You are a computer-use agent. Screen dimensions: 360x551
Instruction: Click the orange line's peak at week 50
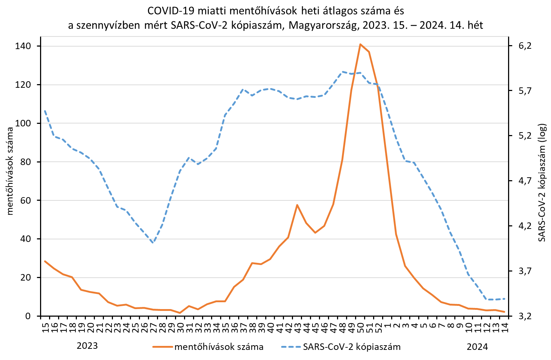[x=360, y=44]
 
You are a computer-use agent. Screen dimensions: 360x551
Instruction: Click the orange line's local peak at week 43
[x=297, y=205]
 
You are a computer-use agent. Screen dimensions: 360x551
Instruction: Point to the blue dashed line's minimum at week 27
[x=153, y=243]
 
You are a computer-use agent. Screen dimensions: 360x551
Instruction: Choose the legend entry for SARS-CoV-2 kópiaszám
[x=352, y=347]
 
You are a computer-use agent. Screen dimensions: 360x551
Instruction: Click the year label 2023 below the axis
[x=87, y=346]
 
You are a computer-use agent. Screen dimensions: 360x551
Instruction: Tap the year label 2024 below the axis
[x=477, y=347]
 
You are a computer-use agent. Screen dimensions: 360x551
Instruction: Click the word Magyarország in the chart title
[x=323, y=26]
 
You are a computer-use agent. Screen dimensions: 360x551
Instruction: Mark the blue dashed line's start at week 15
[x=45, y=111]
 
